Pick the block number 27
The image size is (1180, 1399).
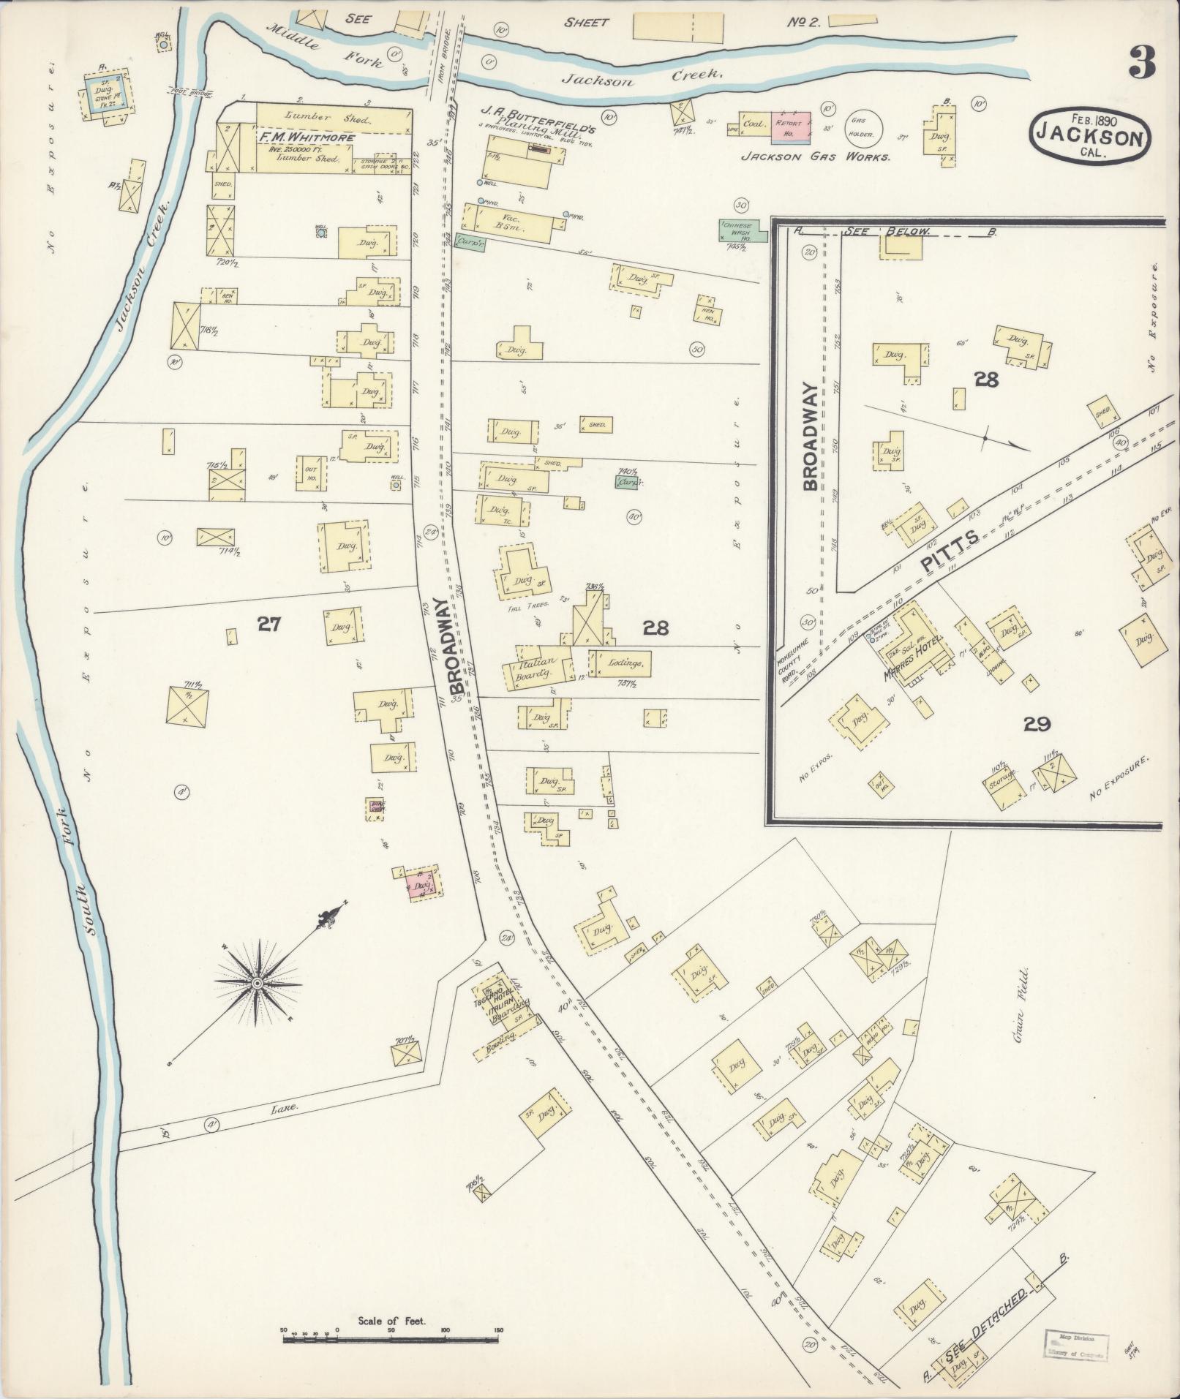268,624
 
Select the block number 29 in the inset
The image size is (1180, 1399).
1037,724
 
